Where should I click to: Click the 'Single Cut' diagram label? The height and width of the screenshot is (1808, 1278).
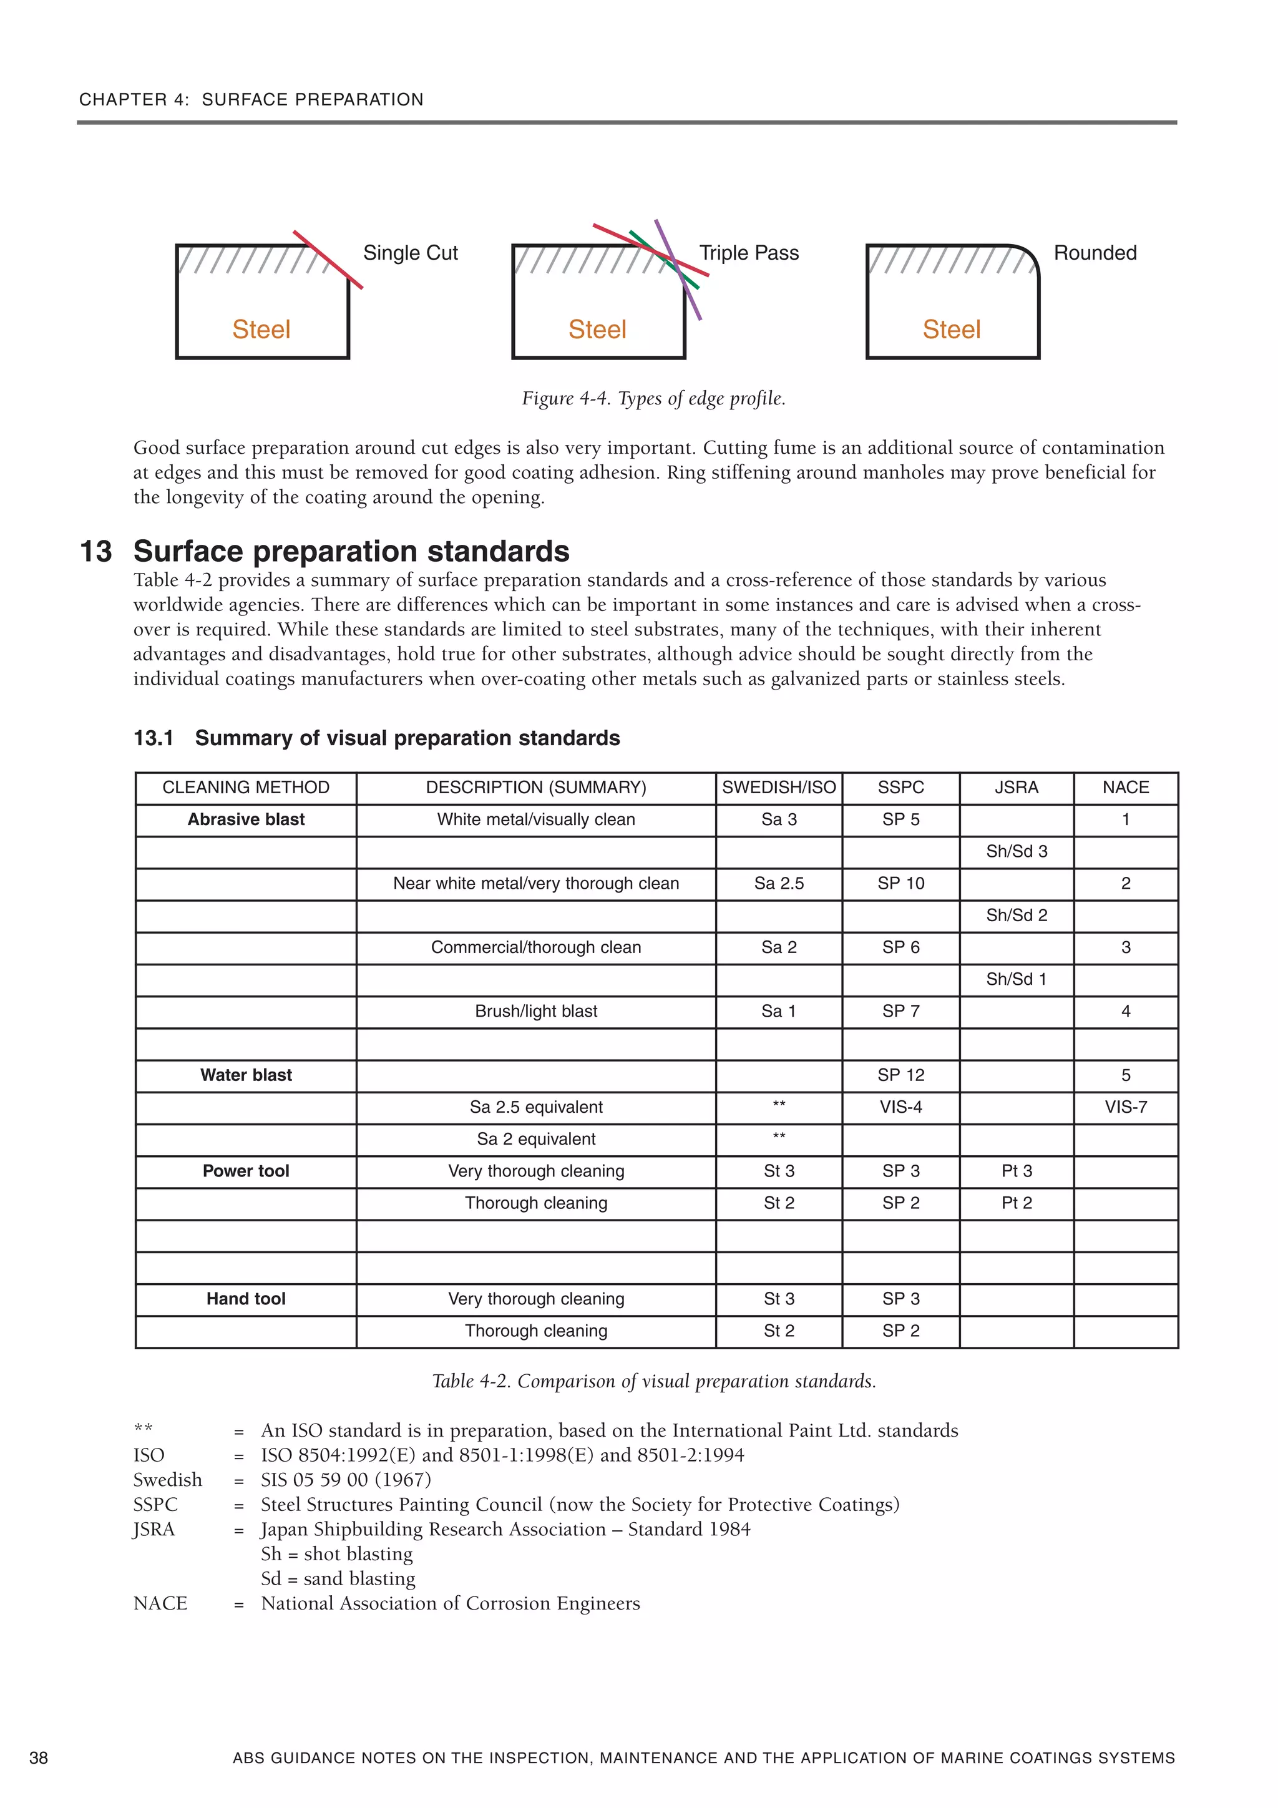coord(409,253)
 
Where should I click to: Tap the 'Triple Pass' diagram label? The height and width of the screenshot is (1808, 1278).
coord(748,253)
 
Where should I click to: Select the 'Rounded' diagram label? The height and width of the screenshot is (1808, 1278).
coord(1095,253)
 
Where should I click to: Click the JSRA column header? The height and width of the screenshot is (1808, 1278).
coord(1016,788)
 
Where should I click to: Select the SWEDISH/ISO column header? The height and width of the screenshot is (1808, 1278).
coord(778,788)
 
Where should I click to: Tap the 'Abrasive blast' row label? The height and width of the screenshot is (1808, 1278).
coord(246,819)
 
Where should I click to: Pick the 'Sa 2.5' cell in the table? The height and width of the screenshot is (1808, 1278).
coord(778,884)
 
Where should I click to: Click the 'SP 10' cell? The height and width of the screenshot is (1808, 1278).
coord(900,884)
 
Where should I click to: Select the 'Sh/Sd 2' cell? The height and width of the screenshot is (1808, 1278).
coord(1016,915)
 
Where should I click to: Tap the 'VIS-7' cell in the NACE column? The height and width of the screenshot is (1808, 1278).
coord(1125,1107)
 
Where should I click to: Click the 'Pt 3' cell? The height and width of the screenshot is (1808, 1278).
coord(1016,1171)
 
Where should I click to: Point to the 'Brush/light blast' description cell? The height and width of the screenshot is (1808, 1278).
coord(535,1011)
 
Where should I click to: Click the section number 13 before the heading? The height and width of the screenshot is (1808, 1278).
coord(96,551)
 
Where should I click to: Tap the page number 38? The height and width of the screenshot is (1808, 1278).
coord(39,1757)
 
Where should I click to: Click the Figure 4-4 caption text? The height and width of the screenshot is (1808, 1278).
coord(653,398)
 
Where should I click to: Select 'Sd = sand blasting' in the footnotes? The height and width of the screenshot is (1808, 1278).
coord(338,1578)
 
